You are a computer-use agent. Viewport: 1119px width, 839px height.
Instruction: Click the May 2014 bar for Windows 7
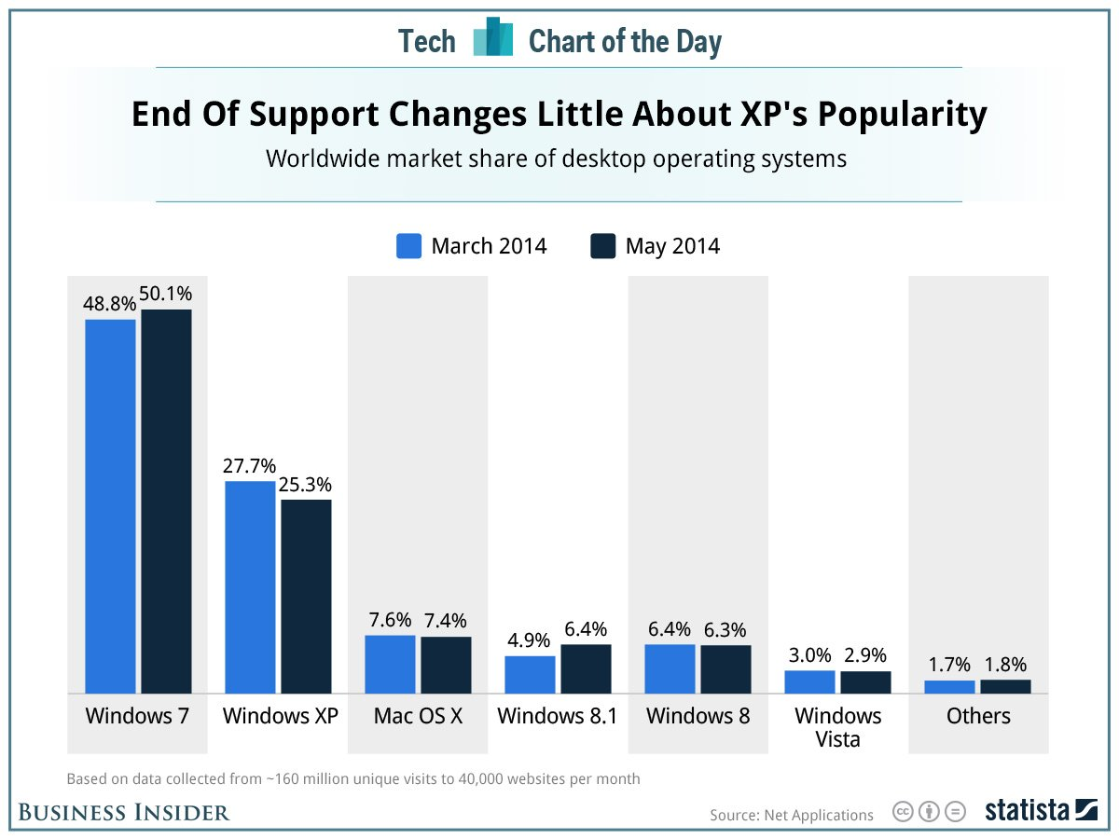[166, 501]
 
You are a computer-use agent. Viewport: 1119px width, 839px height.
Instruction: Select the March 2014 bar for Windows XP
[250, 587]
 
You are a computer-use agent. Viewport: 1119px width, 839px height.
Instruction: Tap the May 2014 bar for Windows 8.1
[586, 668]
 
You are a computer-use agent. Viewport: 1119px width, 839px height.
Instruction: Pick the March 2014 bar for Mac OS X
[390, 664]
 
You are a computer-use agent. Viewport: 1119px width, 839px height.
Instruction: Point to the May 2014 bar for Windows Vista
[865, 682]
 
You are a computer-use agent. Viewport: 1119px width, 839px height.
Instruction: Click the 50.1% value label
[166, 295]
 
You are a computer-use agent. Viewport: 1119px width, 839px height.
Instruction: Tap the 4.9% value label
[530, 641]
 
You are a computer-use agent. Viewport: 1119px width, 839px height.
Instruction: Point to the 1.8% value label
[1005, 665]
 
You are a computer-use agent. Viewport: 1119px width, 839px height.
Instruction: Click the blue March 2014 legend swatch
[410, 246]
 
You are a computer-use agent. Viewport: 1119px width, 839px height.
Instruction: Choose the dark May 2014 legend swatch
[603, 246]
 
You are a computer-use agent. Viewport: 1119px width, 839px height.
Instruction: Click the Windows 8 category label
[697, 716]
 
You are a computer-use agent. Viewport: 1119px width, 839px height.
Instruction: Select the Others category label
[978, 716]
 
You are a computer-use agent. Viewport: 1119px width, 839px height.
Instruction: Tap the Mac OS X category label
[418, 716]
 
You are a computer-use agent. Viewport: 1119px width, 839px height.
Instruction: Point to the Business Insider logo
[124, 813]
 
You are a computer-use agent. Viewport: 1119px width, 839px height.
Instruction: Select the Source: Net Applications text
[792, 815]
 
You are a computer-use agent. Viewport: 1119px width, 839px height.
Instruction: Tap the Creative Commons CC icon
[902, 811]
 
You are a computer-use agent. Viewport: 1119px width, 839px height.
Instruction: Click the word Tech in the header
[427, 42]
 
